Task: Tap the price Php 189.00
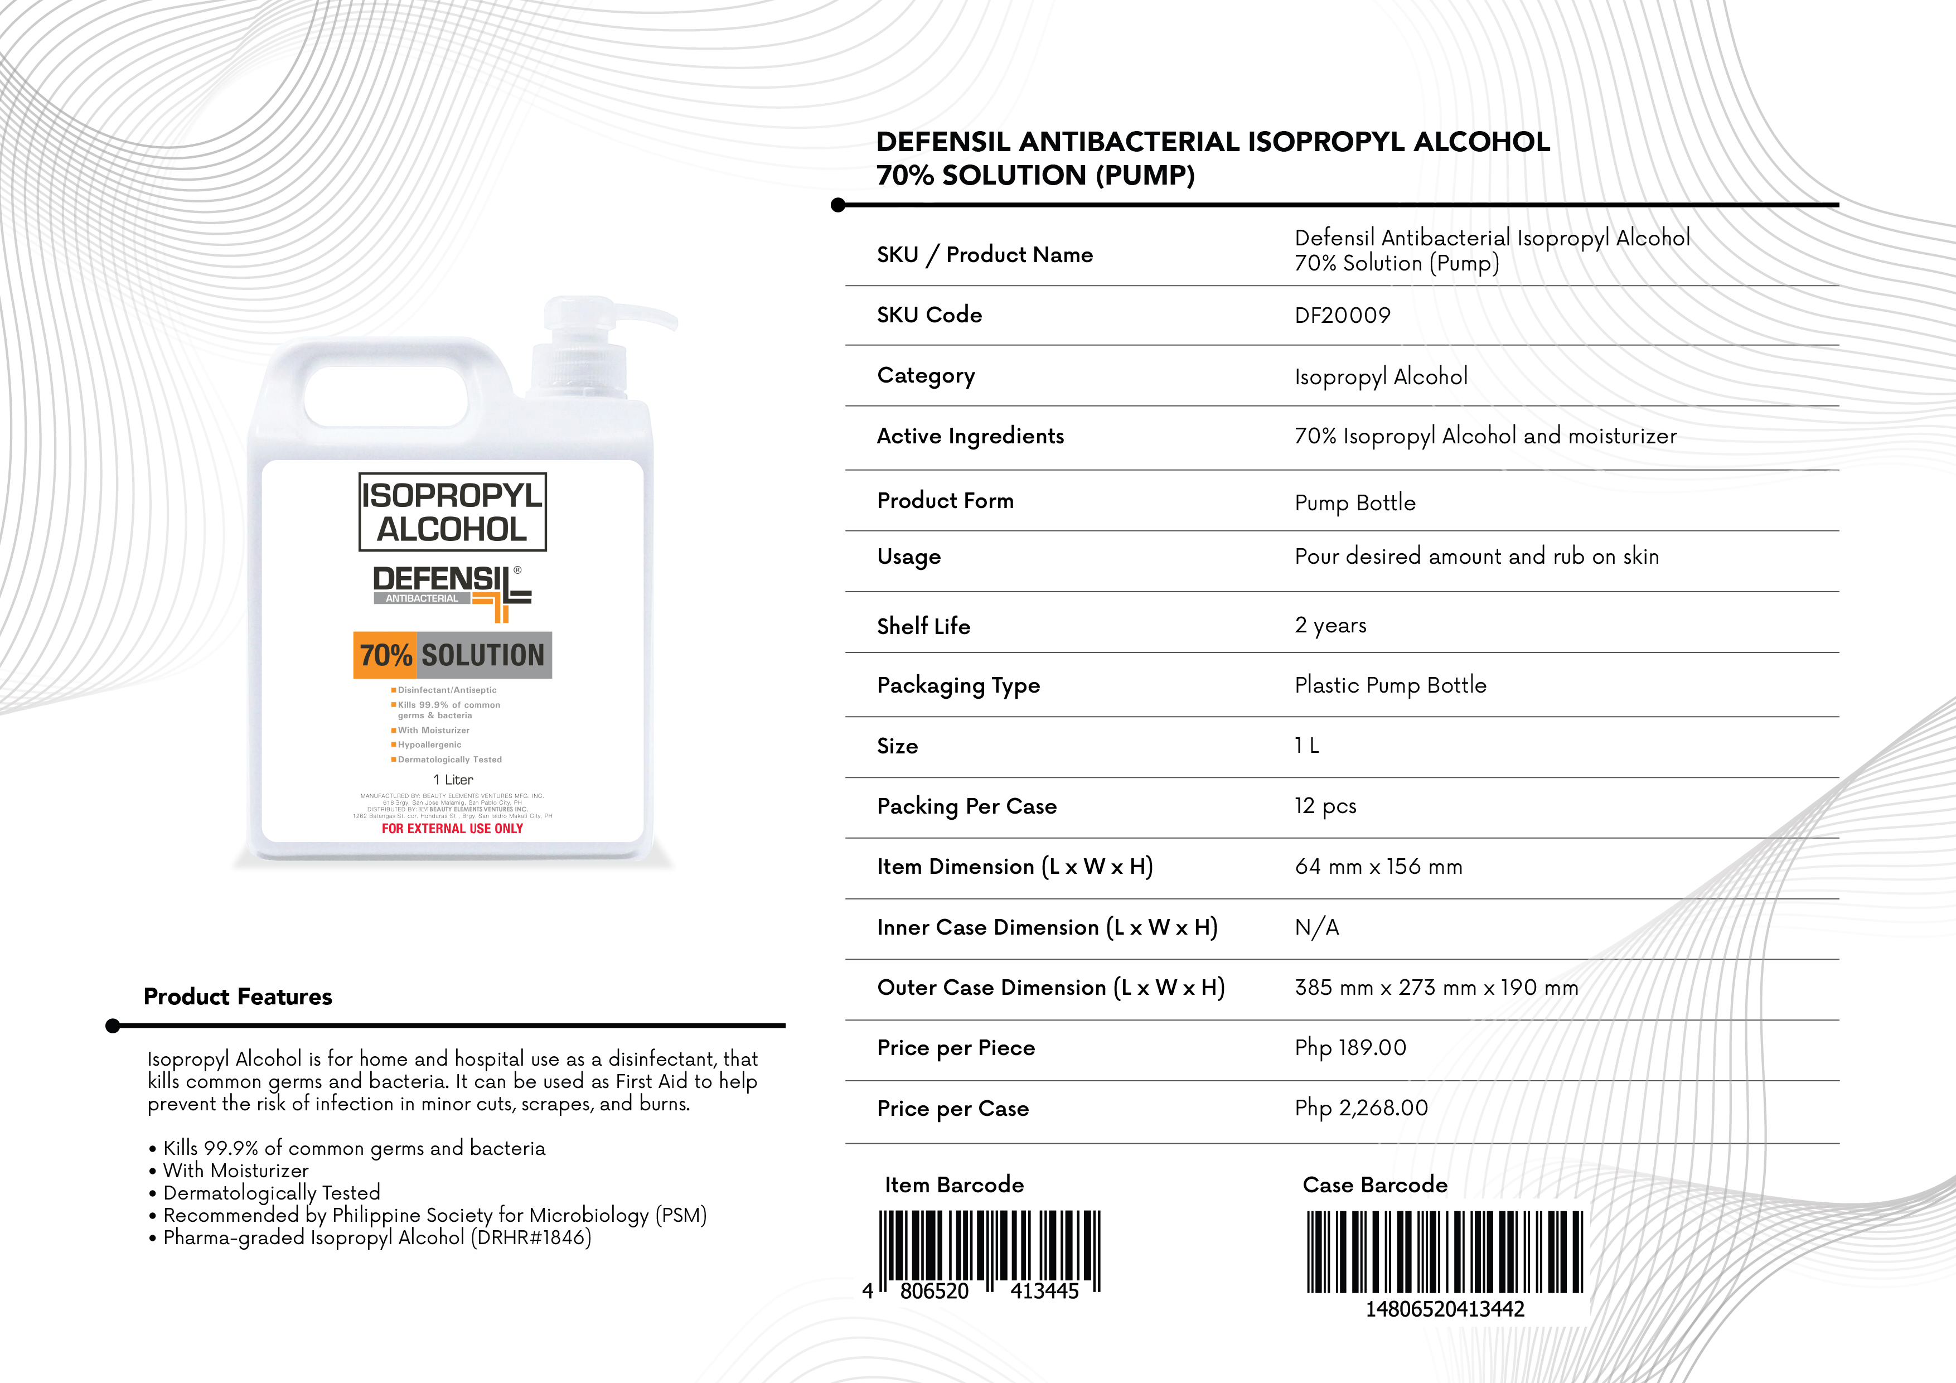point(1350,1047)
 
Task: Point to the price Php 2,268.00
point(1361,1108)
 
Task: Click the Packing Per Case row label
point(966,806)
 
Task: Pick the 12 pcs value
point(1325,806)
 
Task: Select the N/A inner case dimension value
point(1316,927)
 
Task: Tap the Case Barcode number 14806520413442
point(1445,1309)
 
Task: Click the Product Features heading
point(238,997)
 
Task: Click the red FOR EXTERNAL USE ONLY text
point(452,828)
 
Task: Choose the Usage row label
point(908,557)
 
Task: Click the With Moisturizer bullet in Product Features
point(235,1171)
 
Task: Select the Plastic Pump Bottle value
point(1389,685)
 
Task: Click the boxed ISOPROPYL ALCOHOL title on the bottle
point(452,511)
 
